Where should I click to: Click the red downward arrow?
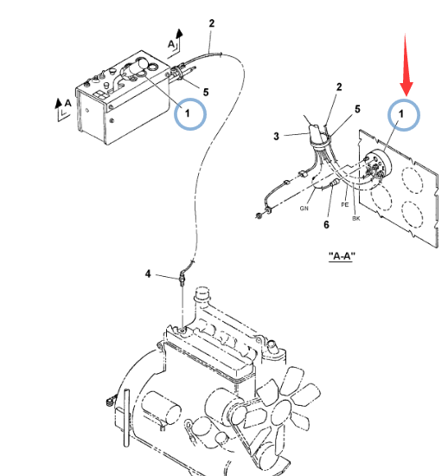tap(406, 65)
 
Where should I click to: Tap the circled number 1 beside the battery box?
tap(190, 114)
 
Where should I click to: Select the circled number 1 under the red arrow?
tap(404, 114)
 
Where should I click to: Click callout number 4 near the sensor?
tap(148, 273)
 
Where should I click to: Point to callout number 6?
tap(326, 225)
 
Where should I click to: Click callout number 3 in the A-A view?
tap(276, 136)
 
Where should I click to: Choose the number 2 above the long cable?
tap(212, 23)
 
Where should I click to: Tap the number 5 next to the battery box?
tap(206, 93)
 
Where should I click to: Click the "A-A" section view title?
tap(342, 256)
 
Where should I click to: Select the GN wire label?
tap(304, 209)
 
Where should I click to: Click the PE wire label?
tap(345, 205)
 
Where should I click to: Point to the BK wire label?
tap(356, 218)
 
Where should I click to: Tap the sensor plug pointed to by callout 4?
tap(182, 279)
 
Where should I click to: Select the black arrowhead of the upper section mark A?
tap(180, 34)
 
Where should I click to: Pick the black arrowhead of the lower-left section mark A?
tap(58, 103)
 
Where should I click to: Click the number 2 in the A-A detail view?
tap(339, 87)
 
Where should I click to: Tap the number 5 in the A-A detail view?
tap(357, 109)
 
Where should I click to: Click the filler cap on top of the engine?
tap(202, 293)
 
